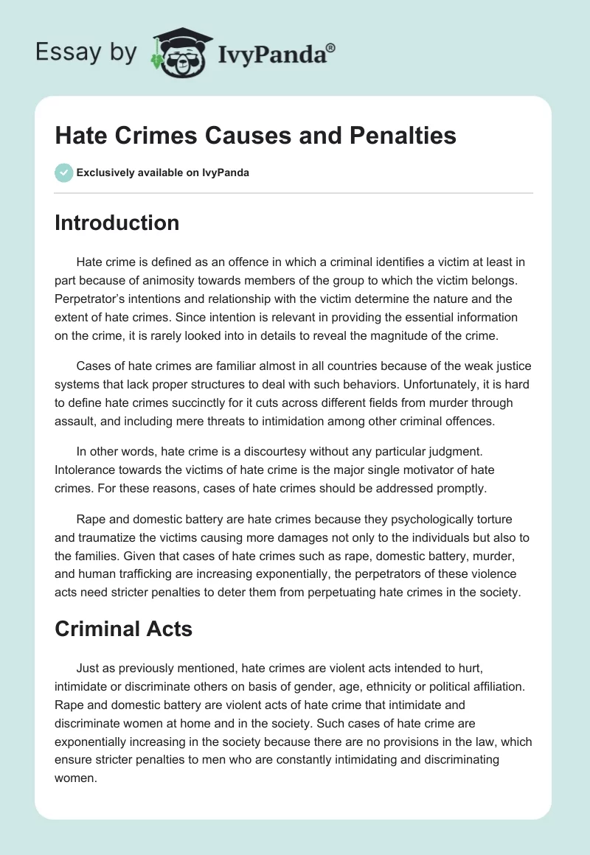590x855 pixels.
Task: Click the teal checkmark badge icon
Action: click(63, 172)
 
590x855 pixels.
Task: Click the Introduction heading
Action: click(117, 223)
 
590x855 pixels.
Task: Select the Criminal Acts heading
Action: click(123, 629)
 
